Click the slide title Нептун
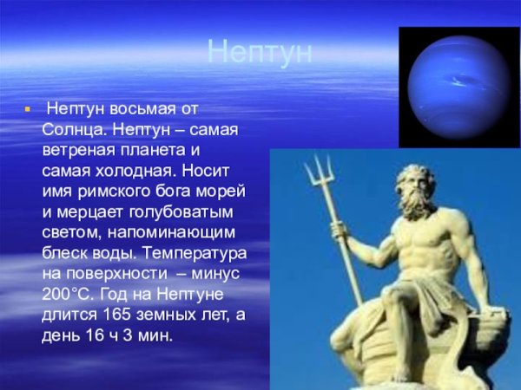pyautogui.click(x=260, y=53)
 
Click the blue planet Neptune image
pyautogui.click(x=458, y=86)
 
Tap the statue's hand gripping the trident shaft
pyautogui.click(x=340, y=231)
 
